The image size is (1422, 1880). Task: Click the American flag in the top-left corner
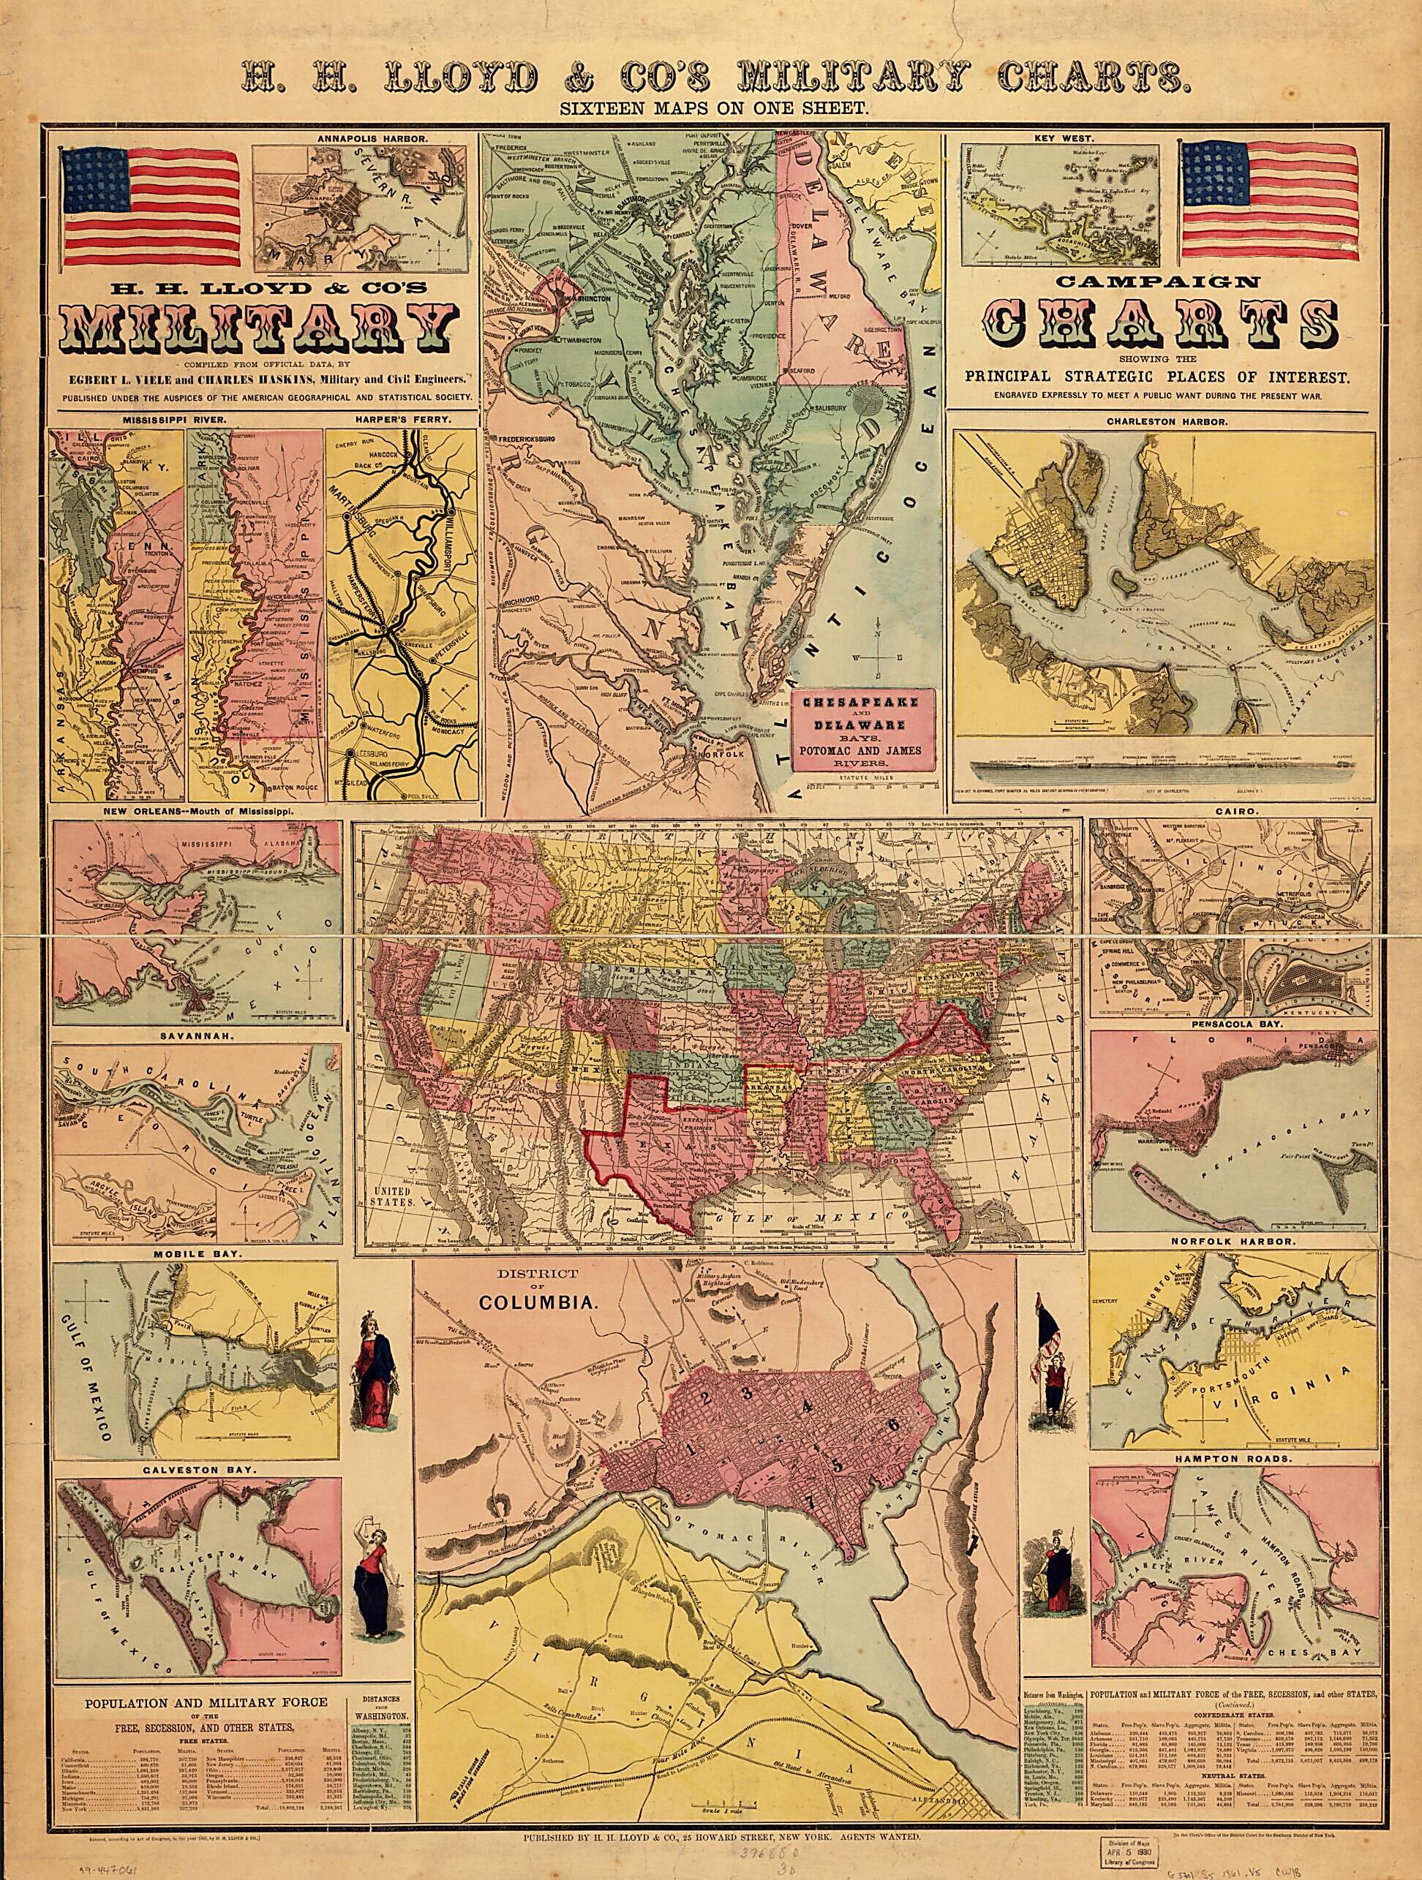point(150,205)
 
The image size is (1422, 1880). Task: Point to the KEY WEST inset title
point(1059,136)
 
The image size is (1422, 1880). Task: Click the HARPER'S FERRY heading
point(405,420)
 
